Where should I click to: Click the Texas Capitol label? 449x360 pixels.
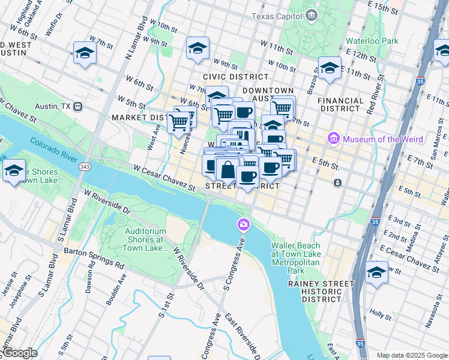coord(278,16)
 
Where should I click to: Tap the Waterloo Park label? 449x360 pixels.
coord(372,41)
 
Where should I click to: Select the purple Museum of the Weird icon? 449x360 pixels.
coord(334,139)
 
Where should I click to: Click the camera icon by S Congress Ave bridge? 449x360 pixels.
coord(243,225)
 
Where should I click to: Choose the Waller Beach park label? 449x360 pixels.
coord(295,254)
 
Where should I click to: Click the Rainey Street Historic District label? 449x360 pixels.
coord(321,291)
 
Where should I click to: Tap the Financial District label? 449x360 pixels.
coord(340,105)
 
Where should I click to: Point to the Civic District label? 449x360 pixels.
coord(235,77)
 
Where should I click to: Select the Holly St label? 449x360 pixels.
coord(380,313)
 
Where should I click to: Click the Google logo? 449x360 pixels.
coord(19,353)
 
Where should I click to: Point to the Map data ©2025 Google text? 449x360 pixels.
coord(411,355)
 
